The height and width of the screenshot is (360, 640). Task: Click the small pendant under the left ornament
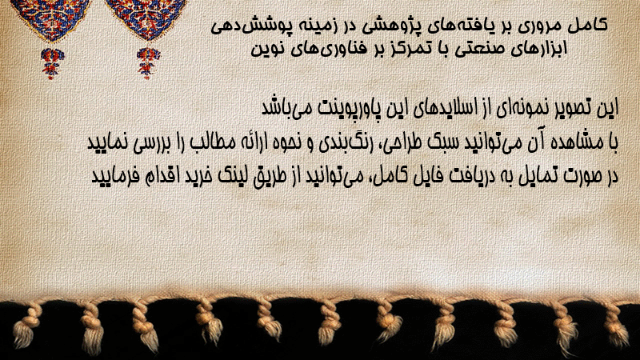[52, 63]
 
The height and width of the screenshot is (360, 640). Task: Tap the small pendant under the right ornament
[148, 63]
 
